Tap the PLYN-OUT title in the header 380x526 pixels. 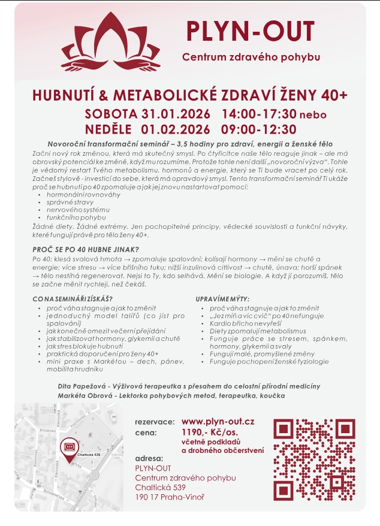[x=250, y=31]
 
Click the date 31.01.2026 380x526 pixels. [x=176, y=114]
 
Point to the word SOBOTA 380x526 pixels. [x=111, y=114]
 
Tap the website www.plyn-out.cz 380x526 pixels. [x=218, y=422]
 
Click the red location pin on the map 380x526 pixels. [x=68, y=447]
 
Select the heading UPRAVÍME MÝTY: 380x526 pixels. [x=223, y=298]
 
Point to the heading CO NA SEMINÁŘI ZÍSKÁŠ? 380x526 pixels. [x=73, y=298]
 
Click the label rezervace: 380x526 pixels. [x=155, y=422]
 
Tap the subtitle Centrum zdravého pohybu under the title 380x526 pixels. [x=251, y=58]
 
